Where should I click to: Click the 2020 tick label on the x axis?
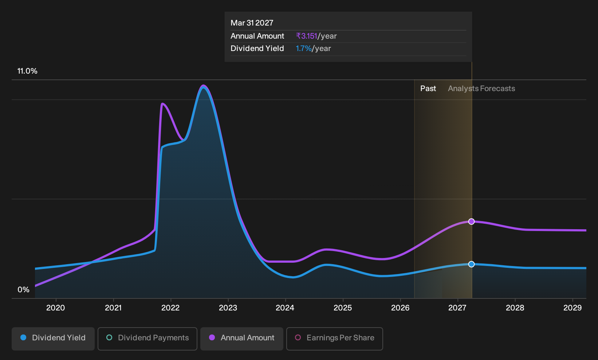pyautogui.click(x=55, y=308)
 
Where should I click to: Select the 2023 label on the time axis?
pyautogui.click(x=228, y=308)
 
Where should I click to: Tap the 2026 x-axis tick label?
pyautogui.click(x=400, y=308)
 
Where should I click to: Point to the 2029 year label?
pyautogui.click(x=573, y=308)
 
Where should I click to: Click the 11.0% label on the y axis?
pyautogui.click(x=27, y=71)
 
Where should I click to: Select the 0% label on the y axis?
pyautogui.click(x=24, y=290)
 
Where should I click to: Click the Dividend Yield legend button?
pyautogui.click(x=53, y=339)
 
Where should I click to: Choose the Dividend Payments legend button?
pyautogui.click(x=147, y=339)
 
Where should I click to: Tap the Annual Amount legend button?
pyautogui.click(x=241, y=339)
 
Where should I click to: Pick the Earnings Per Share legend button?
pyautogui.click(x=334, y=339)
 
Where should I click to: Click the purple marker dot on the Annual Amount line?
pyautogui.click(x=472, y=222)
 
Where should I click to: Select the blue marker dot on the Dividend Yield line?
pyautogui.click(x=472, y=264)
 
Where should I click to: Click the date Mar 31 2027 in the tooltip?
pyautogui.click(x=252, y=23)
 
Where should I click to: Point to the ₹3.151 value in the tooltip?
pyautogui.click(x=307, y=36)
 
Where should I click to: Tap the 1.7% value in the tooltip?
pyautogui.click(x=303, y=48)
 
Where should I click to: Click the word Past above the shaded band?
pyautogui.click(x=428, y=89)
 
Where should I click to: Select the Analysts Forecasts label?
pyautogui.click(x=481, y=89)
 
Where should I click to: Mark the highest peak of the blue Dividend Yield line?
pyautogui.click(x=204, y=87)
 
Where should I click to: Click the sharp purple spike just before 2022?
pyautogui.click(x=162, y=103)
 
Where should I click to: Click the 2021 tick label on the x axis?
pyautogui.click(x=113, y=308)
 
